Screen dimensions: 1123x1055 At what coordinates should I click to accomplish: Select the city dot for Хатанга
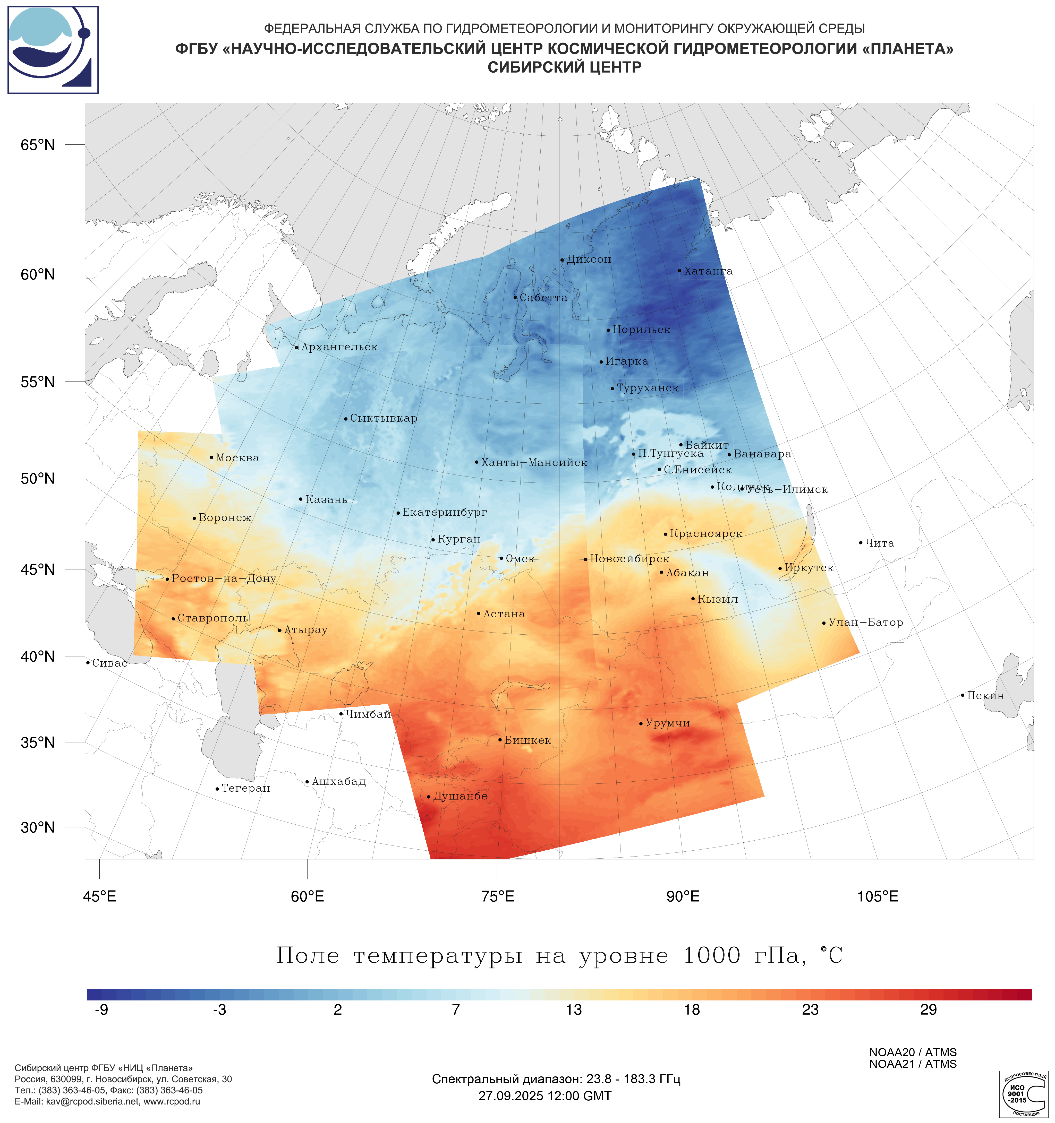point(679,271)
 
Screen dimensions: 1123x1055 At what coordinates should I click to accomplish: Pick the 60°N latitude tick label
point(38,274)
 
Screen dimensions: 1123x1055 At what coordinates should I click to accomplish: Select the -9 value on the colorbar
point(102,1009)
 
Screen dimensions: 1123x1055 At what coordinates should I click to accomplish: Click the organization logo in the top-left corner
point(53,50)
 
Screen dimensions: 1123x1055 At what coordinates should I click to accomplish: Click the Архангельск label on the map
point(339,347)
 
